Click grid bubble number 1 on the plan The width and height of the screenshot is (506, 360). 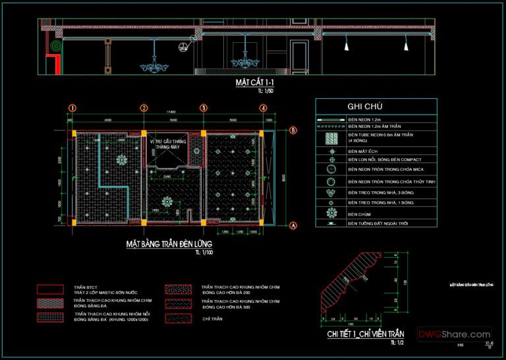click(x=72, y=108)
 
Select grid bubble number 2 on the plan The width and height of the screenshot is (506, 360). click(x=144, y=108)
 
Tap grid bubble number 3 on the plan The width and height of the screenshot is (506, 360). click(x=204, y=108)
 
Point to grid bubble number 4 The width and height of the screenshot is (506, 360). click(x=263, y=108)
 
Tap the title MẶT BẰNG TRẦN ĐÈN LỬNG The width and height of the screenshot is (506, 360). click(x=167, y=244)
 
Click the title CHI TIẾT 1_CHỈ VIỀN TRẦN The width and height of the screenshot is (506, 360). click(x=365, y=334)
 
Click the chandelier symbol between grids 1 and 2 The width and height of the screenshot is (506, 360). click(x=121, y=160)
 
